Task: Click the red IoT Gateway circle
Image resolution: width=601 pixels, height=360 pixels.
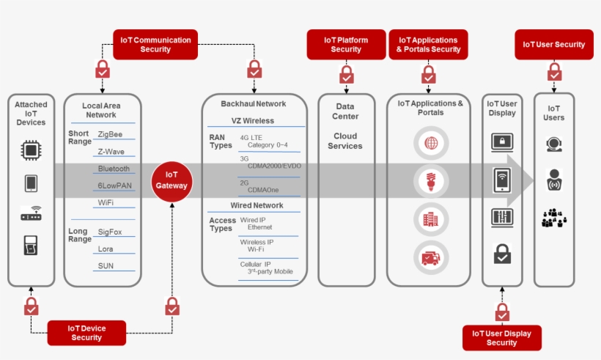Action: (x=172, y=180)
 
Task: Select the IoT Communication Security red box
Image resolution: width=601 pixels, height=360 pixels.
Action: (x=155, y=45)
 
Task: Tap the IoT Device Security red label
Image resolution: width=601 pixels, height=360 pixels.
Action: (x=86, y=333)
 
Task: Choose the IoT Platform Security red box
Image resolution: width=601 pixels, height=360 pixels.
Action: (x=346, y=45)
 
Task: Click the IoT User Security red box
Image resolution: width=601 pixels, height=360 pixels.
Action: (x=553, y=45)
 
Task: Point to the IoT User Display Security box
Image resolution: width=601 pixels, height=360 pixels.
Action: (x=501, y=338)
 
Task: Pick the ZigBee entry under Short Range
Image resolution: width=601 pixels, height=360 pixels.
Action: (x=110, y=135)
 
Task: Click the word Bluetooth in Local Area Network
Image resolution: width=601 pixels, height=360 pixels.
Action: (x=114, y=169)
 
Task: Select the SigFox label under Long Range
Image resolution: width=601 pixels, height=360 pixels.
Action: (x=110, y=231)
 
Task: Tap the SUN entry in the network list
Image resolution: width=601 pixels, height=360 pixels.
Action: (x=106, y=265)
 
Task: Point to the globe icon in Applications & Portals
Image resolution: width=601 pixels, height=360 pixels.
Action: (x=430, y=143)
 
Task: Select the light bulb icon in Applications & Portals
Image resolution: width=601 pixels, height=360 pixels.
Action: (x=430, y=180)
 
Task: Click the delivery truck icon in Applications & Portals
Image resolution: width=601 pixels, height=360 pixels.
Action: (x=430, y=257)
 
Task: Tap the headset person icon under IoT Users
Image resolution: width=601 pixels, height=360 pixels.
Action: (x=554, y=144)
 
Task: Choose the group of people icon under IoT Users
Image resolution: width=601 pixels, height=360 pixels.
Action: (x=554, y=218)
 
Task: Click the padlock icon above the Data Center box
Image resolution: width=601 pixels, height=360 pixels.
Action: (x=346, y=74)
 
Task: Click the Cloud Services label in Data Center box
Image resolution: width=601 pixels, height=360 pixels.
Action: (x=345, y=141)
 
